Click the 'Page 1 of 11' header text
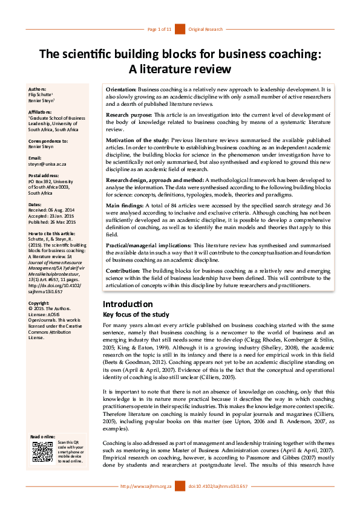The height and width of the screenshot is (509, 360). pyautogui.click(x=160, y=29)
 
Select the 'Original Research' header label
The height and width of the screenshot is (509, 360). pyautogui.click(x=206, y=29)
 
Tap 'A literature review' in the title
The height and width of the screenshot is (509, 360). pyautogui.click(x=180, y=68)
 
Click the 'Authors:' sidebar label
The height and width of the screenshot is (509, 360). pyautogui.click(x=38, y=89)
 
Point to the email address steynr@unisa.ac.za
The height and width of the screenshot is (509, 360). pyautogui.click(x=50, y=163)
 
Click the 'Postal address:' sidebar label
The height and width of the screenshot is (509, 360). pyautogui.click(x=44, y=175)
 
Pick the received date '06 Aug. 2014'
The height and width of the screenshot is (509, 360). pyautogui.click(x=64, y=209)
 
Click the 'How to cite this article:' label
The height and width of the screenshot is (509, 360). pyautogui.click(x=53, y=233)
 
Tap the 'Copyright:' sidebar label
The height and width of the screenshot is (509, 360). pyautogui.click(x=39, y=303)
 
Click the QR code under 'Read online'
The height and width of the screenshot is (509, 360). pyautogui.click(x=42, y=452)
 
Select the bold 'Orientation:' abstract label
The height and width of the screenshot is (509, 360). pyautogui.click(x=121, y=89)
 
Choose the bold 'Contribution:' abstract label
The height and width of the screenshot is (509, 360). pyautogui.click(x=124, y=270)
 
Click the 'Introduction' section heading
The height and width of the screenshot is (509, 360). pyautogui.click(x=128, y=304)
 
